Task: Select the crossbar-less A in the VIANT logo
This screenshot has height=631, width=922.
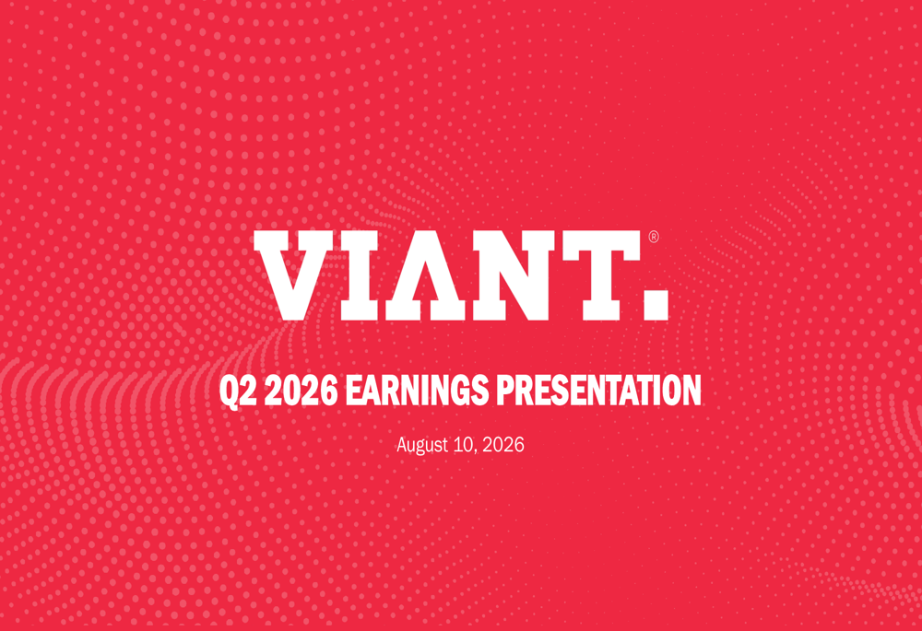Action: pyautogui.click(x=426, y=275)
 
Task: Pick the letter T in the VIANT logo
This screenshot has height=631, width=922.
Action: pyautogui.click(x=601, y=275)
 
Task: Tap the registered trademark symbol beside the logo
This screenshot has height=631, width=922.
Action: pyautogui.click(x=654, y=237)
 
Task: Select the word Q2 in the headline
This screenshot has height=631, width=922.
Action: pyautogui.click(x=239, y=391)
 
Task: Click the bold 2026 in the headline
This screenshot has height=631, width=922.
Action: pyautogui.click(x=301, y=391)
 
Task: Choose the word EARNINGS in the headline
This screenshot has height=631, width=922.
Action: pyautogui.click(x=417, y=391)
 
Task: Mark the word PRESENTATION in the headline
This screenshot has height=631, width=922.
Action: pyautogui.click(x=598, y=391)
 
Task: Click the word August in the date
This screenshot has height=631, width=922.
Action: pyautogui.click(x=422, y=445)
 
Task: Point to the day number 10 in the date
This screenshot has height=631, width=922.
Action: pyautogui.click(x=464, y=444)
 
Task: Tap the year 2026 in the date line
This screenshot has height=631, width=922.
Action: pyautogui.click(x=502, y=444)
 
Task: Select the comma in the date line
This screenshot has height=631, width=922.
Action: pyautogui.click(x=476, y=451)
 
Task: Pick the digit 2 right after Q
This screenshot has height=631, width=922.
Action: pyautogui.click(x=250, y=391)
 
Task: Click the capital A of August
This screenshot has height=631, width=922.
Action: pyautogui.click(x=403, y=444)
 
